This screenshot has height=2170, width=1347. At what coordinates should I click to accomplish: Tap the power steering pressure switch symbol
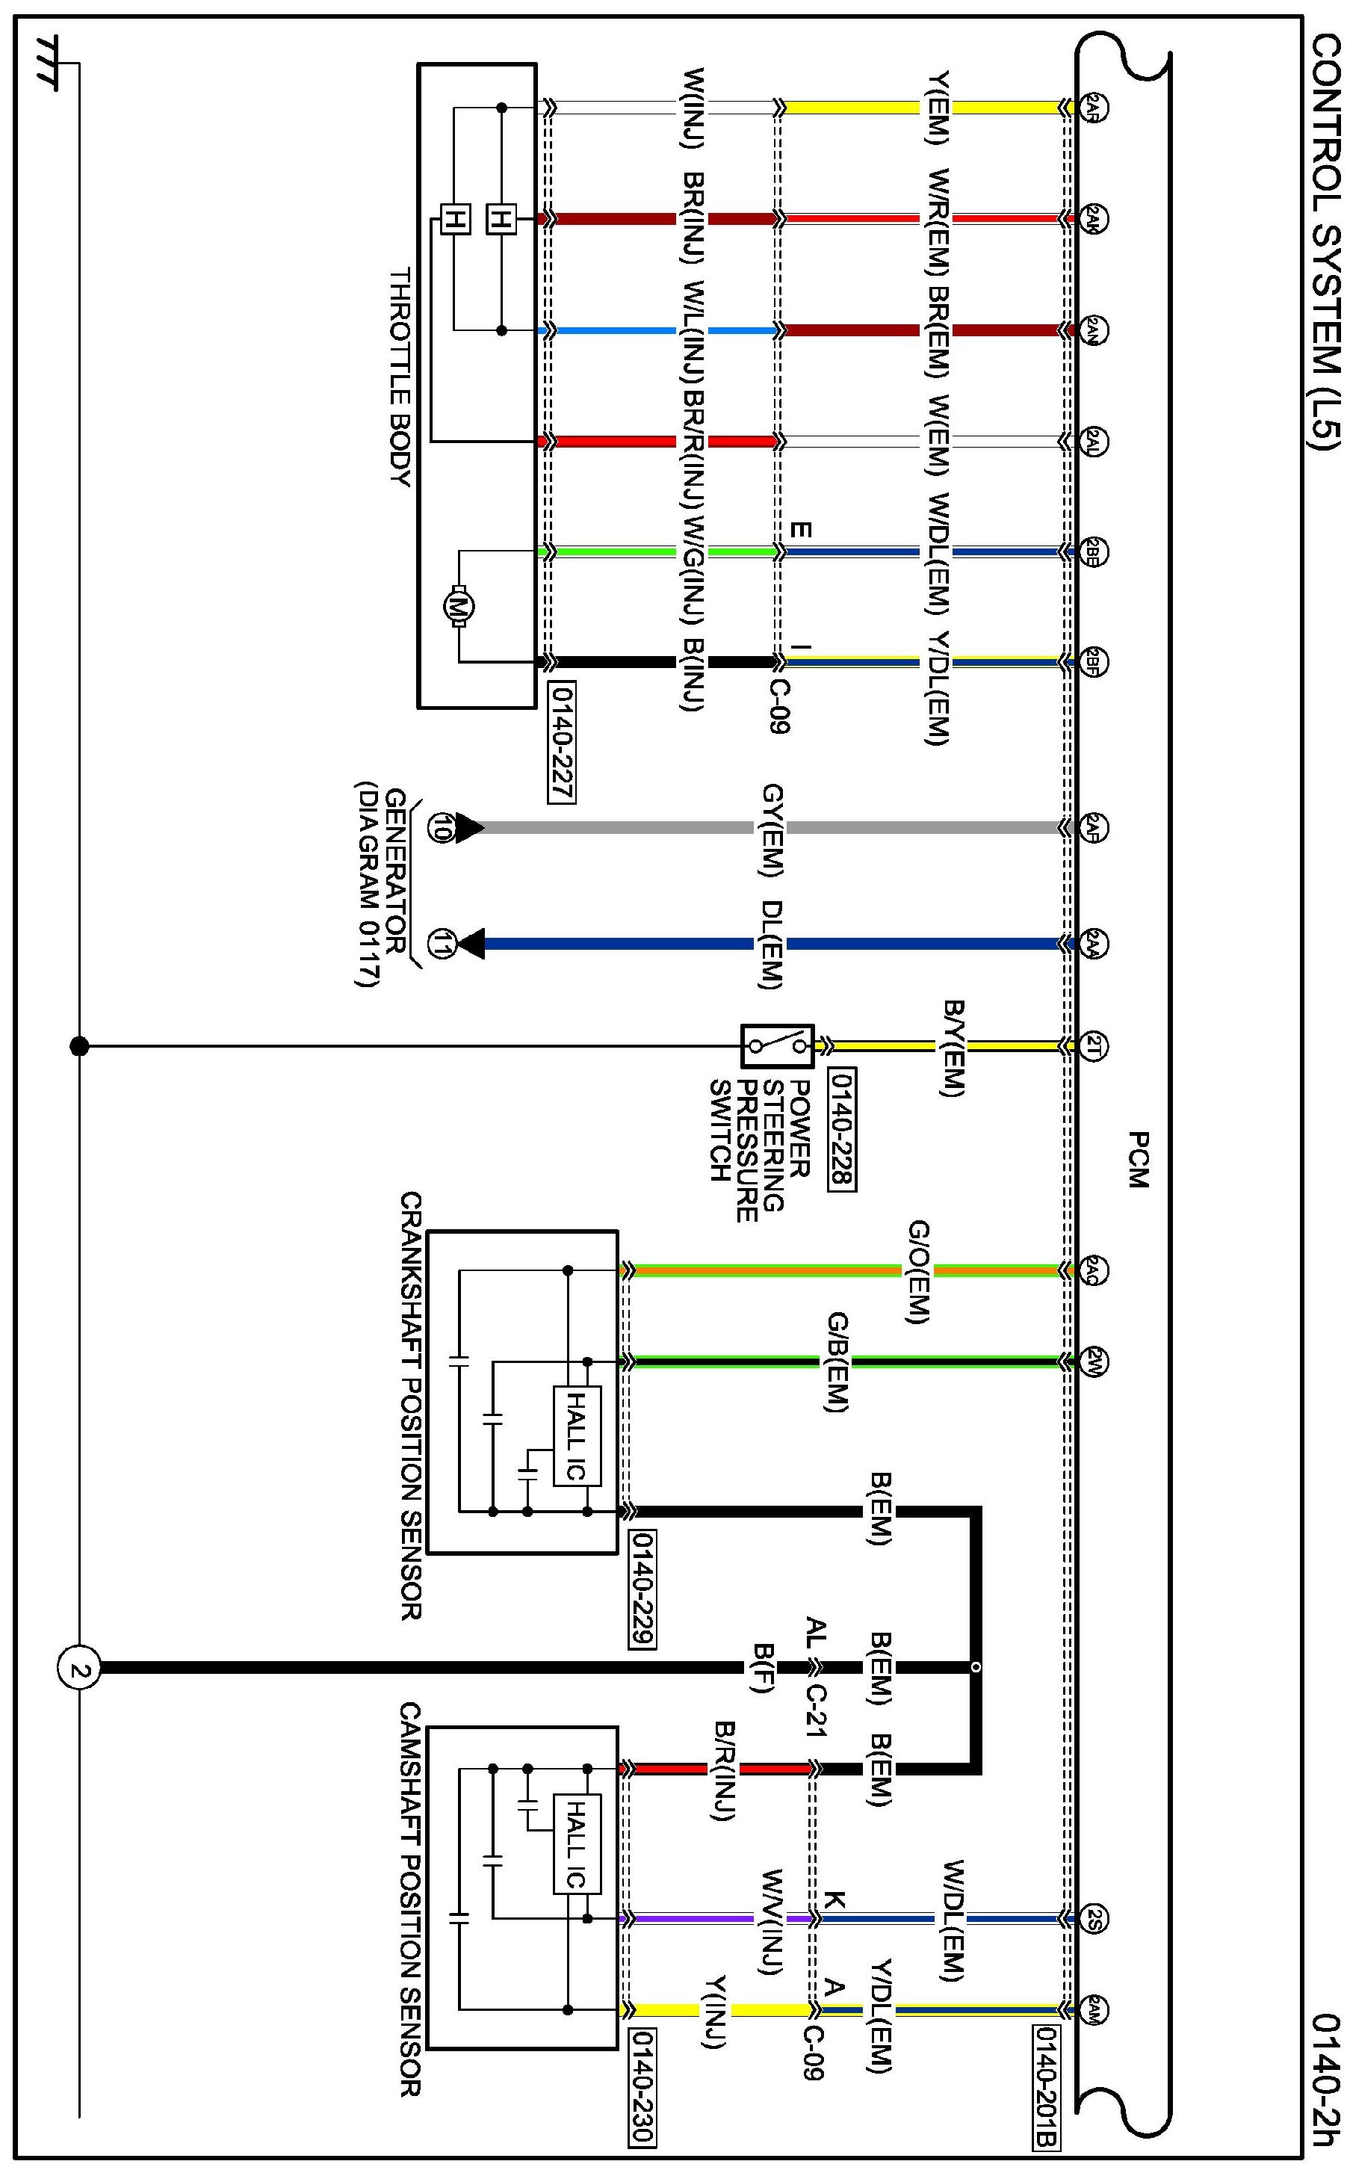tap(777, 1046)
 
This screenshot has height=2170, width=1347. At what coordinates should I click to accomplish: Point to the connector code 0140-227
tap(562, 743)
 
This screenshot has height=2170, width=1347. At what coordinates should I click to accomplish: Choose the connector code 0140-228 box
tap(842, 1128)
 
